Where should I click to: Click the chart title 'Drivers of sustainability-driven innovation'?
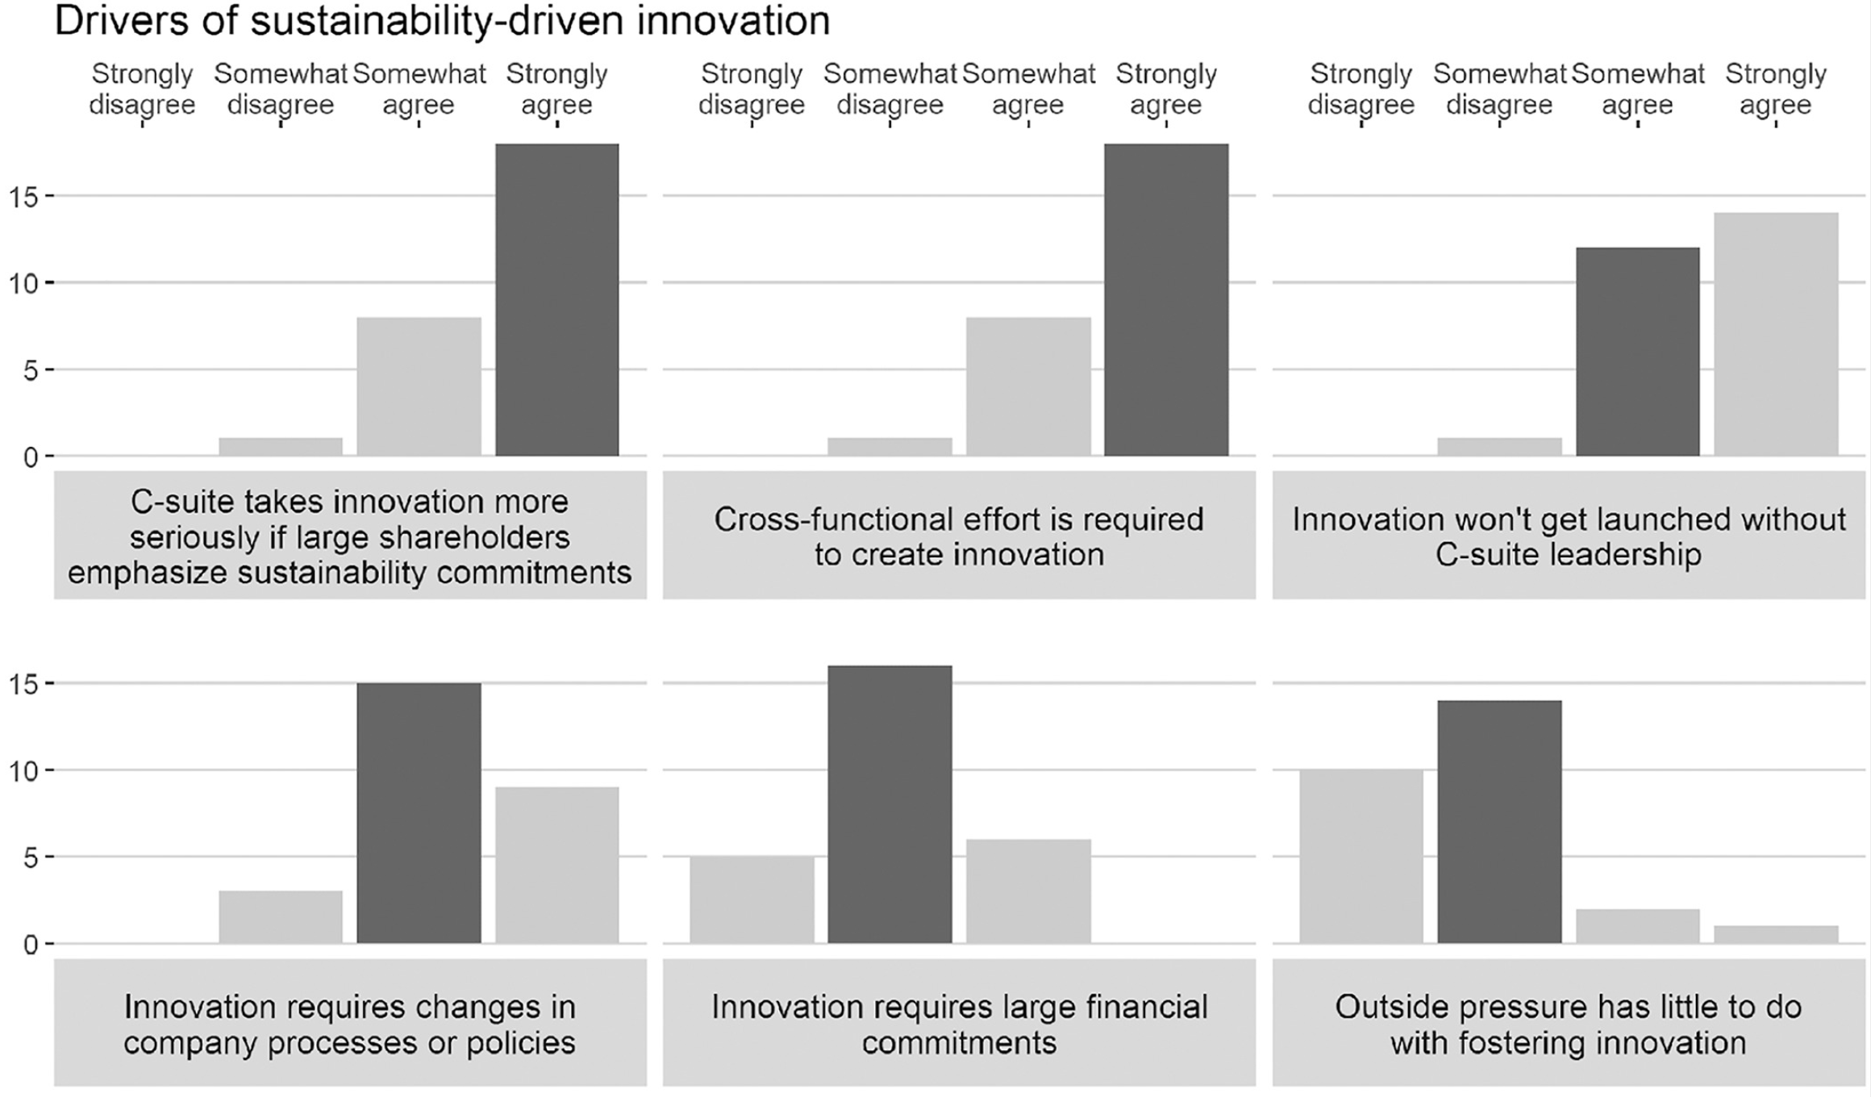[x=442, y=21]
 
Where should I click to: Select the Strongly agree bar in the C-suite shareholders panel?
[x=557, y=300]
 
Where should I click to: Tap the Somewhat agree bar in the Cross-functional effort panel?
[x=1028, y=386]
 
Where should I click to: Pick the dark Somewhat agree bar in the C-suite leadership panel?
[x=1638, y=352]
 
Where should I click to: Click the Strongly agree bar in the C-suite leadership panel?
[x=1776, y=335]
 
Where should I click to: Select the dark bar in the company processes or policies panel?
[x=419, y=813]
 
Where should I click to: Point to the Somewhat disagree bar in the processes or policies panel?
[x=281, y=917]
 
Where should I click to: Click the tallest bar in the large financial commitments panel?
[x=890, y=804]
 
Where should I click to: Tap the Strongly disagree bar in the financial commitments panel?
[x=752, y=899]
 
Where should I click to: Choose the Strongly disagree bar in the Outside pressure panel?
[x=1361, y=856]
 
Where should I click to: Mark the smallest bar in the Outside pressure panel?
[x=1776, y=934]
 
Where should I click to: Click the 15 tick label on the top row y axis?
[x=23, y=197]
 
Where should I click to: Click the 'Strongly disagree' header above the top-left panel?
[x=142, y=89]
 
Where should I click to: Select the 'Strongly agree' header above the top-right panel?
[x=1775, y=89]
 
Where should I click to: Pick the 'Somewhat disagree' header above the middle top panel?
[x=890, y=89]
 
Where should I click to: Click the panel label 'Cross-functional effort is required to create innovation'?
[x=959, y=536]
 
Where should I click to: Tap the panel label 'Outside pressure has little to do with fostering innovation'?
[x=1568, y=1024]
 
